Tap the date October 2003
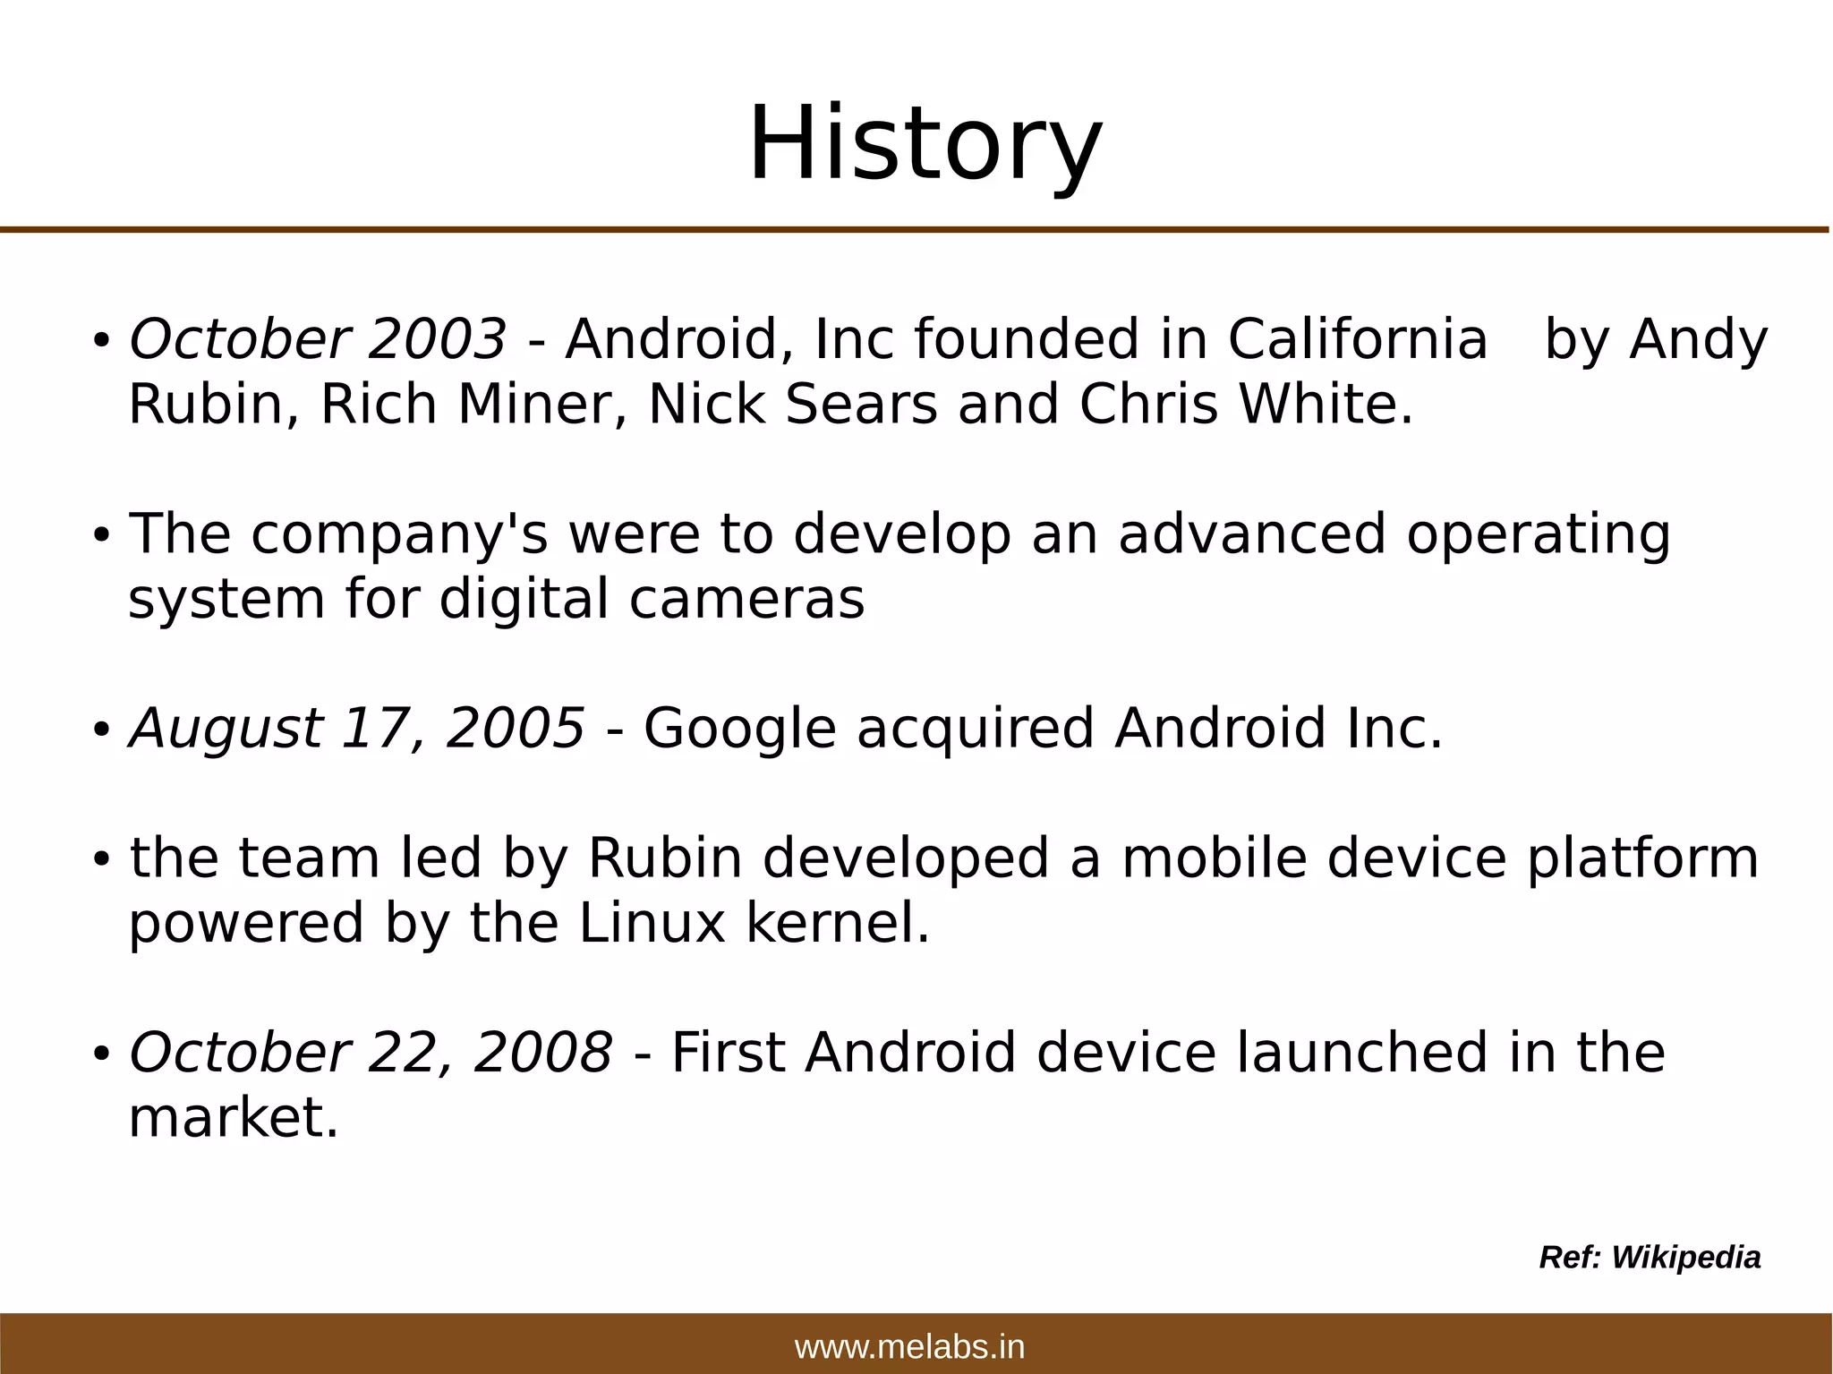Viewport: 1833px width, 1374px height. click(x=318, y=341)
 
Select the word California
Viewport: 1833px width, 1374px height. click(x=1357, y=341)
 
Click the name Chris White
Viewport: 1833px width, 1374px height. click(x=1245, y=405)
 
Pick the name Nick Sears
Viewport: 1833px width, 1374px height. click(x=792, y=405)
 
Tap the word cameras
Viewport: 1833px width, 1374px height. click(x=746, y=600)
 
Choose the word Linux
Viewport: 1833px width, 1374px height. click(x=652, y=924)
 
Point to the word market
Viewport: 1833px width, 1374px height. click(x=233, y=1119)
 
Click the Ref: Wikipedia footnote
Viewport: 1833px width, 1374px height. click(x=1650, y=1258)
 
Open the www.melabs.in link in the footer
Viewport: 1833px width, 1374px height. click(x=909, y=1347)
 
